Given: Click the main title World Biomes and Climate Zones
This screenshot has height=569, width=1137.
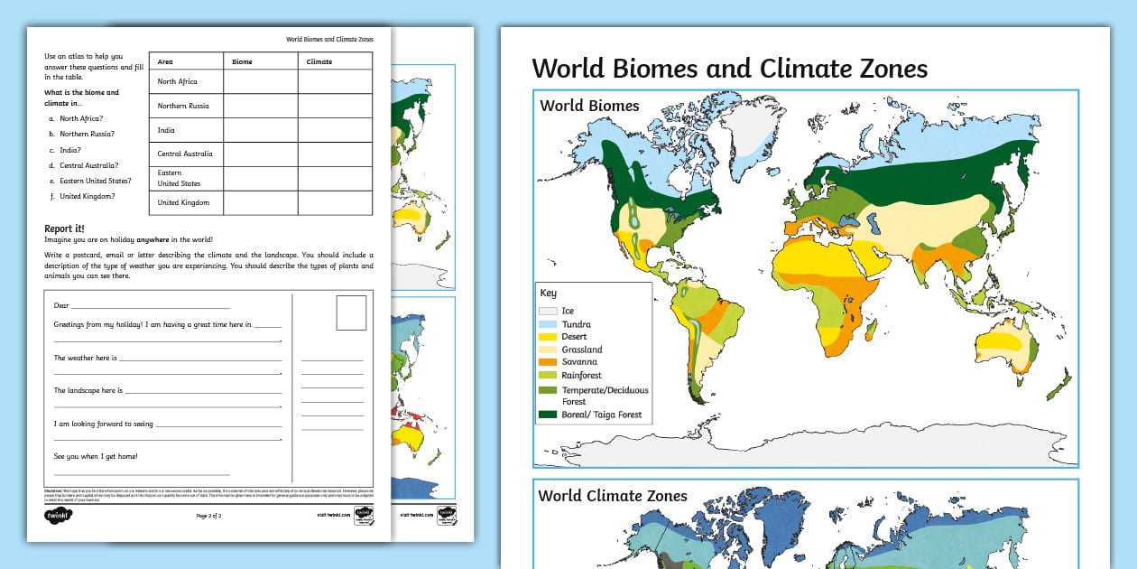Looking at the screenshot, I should (729, 69).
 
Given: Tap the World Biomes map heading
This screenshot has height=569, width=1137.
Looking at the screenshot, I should (589, 106).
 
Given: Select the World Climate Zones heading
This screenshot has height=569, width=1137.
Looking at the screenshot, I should (612, 496).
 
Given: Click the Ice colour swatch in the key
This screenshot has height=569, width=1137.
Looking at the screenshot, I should (548, 311).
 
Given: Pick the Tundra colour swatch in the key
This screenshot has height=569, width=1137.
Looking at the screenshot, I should (548, 323).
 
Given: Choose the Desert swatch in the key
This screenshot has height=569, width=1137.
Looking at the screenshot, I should (548, 336).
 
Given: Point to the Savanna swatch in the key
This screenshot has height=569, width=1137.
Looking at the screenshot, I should (548, 362).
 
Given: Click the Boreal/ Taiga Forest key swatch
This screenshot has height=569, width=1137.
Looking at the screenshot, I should (548, 415).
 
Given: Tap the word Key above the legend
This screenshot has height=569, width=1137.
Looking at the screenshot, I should (549, 293).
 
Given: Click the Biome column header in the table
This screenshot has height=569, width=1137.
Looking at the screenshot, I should (242, 61).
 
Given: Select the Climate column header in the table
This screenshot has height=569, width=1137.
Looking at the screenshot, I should (319, 61).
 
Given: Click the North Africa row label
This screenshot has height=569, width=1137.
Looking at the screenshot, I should (177, 81).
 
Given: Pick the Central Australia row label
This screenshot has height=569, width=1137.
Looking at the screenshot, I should (185, 154).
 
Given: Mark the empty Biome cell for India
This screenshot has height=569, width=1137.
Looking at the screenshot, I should (260, 130).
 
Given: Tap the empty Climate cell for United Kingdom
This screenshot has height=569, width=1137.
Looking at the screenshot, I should (335, 202).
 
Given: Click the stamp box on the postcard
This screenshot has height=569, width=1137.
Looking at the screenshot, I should (351, 313).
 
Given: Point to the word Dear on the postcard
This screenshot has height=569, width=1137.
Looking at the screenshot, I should (61, 305).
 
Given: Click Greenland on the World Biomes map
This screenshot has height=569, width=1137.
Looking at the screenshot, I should (744, 140).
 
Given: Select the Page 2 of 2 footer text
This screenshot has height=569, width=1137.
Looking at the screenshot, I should (208, 516).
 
